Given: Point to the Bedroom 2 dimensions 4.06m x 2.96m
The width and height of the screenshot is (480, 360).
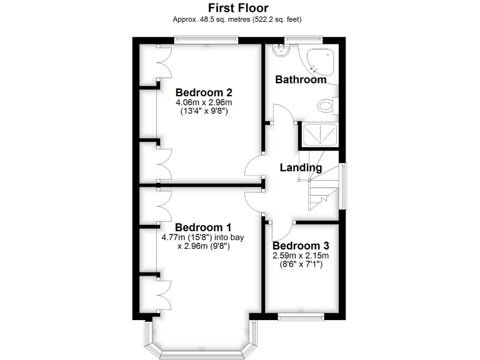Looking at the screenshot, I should pyautogui.click(x=202, y=102).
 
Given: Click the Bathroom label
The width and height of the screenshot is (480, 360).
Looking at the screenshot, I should pyautogui.click(x=301, y=80).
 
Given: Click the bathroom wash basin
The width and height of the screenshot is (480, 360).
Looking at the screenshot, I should pyautogui.click(x=281, y=52).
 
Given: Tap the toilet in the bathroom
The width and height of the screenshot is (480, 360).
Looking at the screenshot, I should pyautogui.click(x=327, y=105).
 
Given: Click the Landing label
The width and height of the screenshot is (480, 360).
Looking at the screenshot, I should pyautogui.click(x=301, y=167).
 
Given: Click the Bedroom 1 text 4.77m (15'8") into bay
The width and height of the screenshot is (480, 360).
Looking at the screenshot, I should pyautogui.click(x=204, y=237).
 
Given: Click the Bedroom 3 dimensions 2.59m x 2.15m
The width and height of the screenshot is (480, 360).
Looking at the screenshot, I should pyautogui.click(x=301, y=256).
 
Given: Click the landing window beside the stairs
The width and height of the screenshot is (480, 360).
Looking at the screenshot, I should pyautogui.click(x=342, y=186).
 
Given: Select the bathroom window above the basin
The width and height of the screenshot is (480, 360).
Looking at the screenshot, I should pyautogui.click(x=292, y=41).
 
